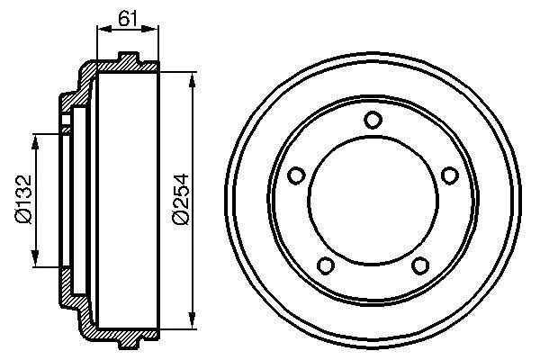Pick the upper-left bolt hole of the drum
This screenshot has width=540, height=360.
click(297, 175)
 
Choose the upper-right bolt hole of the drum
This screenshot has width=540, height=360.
click(448, 175)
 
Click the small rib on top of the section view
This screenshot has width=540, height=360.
click(130, 61)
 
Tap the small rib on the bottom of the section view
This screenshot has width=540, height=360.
click(130, 341)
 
